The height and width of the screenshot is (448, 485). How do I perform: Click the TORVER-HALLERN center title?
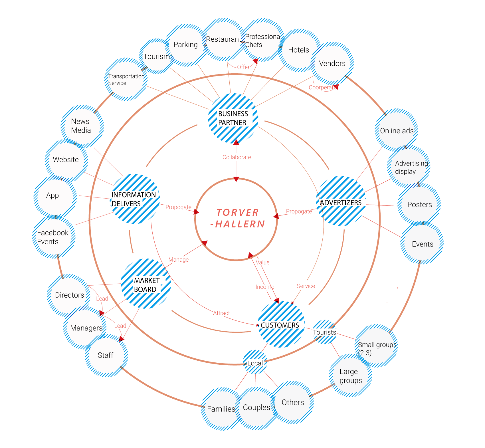[237, 218]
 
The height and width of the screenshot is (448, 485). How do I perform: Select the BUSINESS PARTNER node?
[233, 118]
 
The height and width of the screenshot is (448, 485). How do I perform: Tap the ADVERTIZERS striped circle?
[341, 201]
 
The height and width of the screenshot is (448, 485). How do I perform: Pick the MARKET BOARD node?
[146, 284]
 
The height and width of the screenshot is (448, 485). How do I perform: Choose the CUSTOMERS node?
[281, 324]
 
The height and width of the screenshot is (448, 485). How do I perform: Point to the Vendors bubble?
[332, 63]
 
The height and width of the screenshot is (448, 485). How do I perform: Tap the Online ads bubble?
[397, 131]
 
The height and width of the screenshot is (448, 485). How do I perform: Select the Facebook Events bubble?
[53, 237]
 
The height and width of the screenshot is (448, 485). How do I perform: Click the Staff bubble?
[106, 355]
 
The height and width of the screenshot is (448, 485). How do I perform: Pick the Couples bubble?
[256, 407]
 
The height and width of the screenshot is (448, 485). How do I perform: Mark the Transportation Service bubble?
[126, 80]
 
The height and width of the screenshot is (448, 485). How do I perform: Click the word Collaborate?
[237, 157]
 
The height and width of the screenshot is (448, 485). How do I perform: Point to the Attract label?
[221, 313]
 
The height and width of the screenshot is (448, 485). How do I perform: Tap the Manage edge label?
[179, 260]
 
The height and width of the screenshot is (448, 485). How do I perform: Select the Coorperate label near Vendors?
[322, 87]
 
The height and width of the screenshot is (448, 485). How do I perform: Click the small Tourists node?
[324, 332]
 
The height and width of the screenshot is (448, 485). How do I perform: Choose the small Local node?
[255, 363]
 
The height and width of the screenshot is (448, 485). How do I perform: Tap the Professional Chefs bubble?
[262, 41]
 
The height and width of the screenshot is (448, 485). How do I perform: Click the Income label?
[264, 287]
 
